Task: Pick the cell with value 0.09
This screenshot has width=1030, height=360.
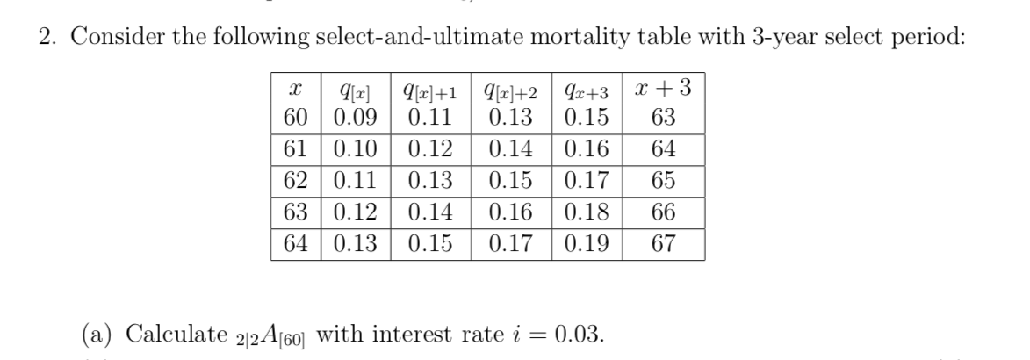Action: coord(355,117)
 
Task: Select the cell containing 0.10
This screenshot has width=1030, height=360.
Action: coord(355,149)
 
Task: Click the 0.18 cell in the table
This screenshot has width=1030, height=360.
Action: coord(588,212)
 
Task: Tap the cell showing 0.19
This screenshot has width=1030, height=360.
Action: coord(588,243)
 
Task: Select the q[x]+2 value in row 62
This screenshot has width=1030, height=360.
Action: coord(511,181)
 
